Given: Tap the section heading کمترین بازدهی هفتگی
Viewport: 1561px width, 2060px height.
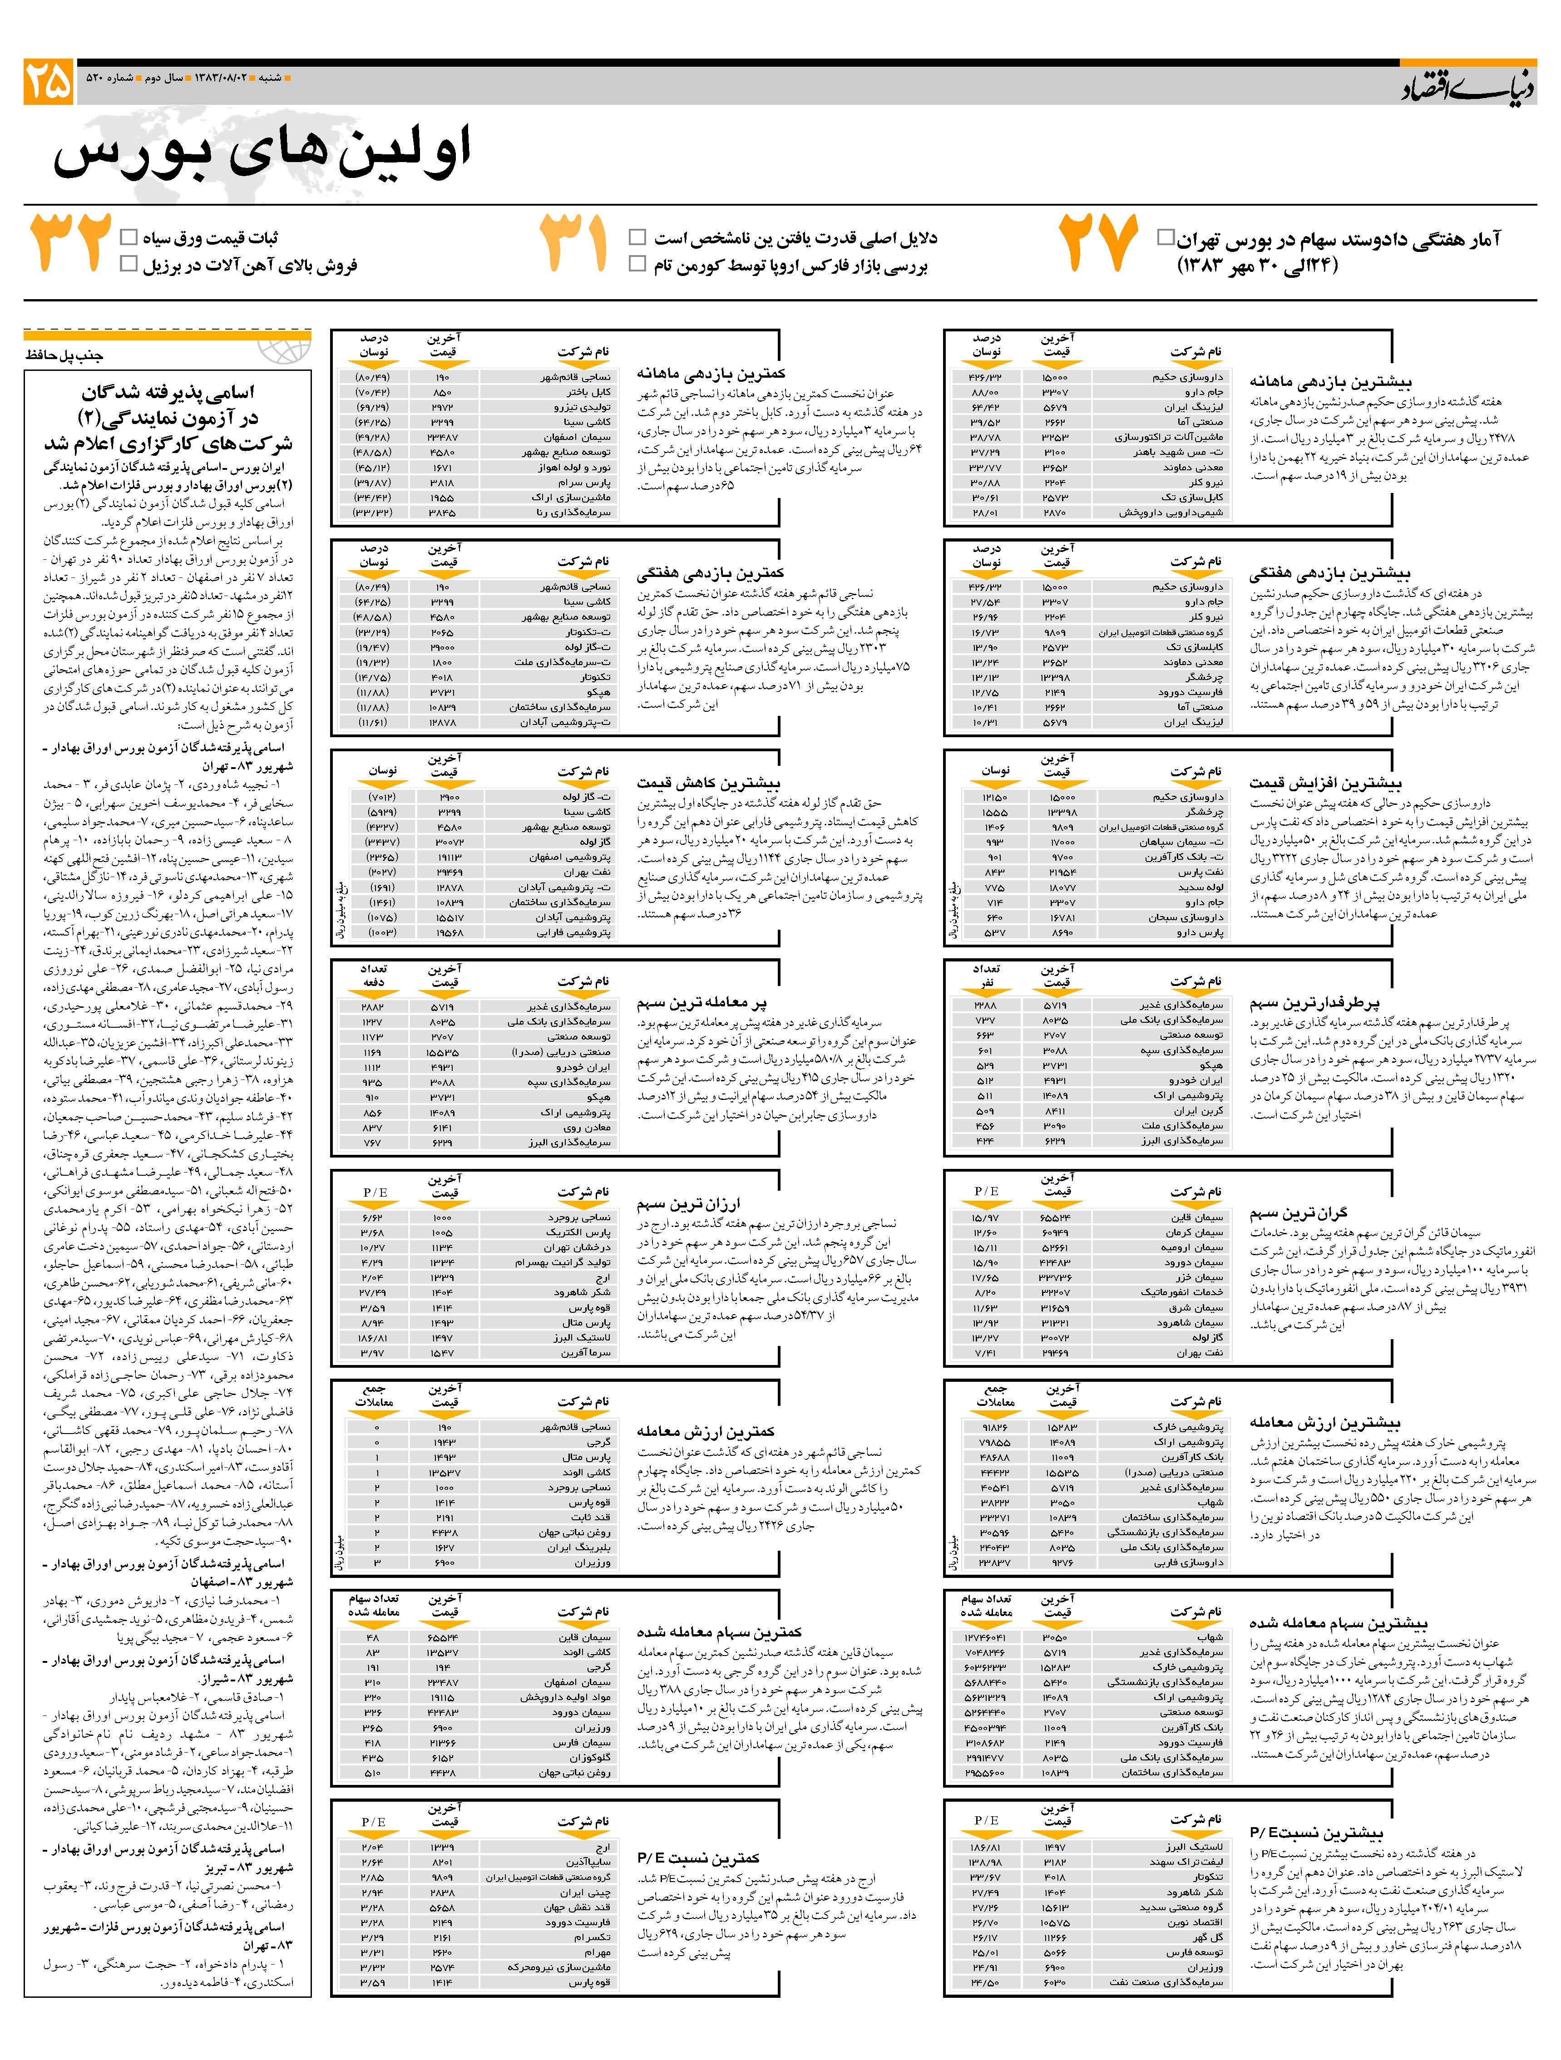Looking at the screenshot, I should tap(711, 573).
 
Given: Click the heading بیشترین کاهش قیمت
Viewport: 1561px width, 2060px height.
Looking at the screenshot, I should tap(709, 783).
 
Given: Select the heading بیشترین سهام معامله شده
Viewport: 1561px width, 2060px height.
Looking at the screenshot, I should tap(1339, 1623).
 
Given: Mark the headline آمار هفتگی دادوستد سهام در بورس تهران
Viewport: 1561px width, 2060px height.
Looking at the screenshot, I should tap(1339, 239).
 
